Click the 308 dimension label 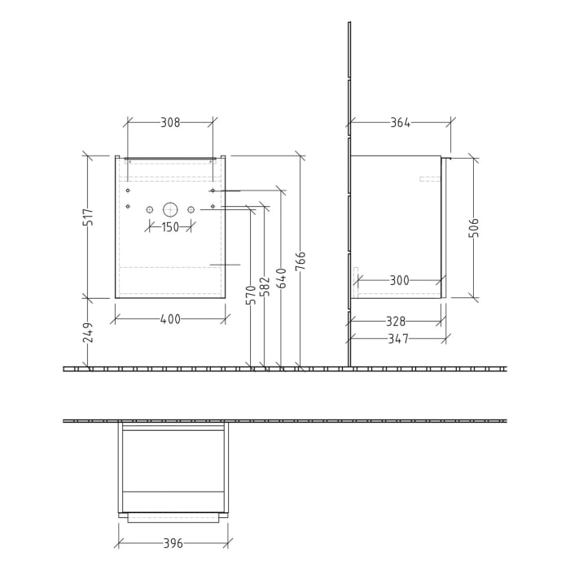coord(169,123)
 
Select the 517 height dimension coord(89,217)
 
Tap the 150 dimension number coord(169,227)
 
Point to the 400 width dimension coord(169,319)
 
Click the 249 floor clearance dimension coord(89,331)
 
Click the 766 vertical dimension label coord(300,261)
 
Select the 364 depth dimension coord(400,123)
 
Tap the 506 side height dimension coord(474,228)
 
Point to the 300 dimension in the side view coord(399,280)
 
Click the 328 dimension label coord(398,322)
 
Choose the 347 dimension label coord(398,339)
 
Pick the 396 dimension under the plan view coord(173,543)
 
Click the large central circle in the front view coord(169,209)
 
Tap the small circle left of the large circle coord(149,209)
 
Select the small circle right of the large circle coord(191,209)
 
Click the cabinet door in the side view coord(444,228)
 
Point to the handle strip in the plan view coord(173,517)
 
